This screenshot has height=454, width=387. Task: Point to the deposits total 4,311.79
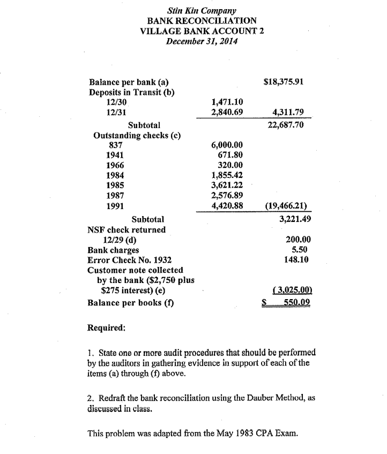click(288, 111)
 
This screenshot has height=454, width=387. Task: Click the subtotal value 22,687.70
click(288, 125)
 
